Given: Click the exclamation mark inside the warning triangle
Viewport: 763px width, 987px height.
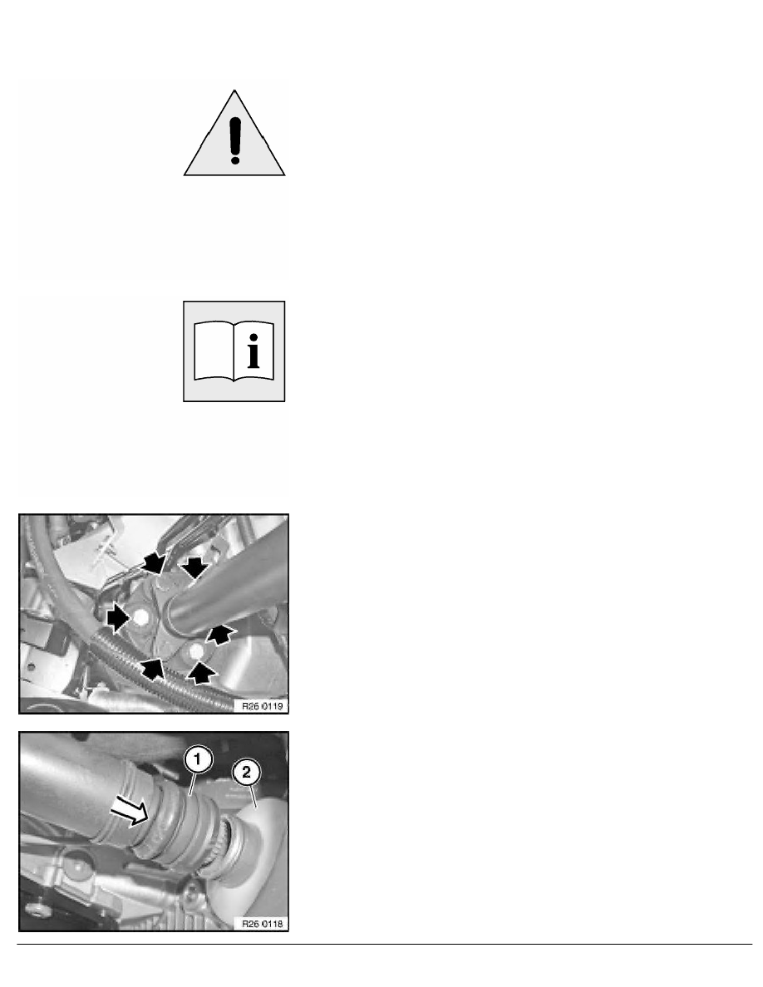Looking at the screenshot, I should pyautogui.click(x=234, y=138).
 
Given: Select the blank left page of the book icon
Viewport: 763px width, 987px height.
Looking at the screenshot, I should pyautogui.click(x=212, y=353).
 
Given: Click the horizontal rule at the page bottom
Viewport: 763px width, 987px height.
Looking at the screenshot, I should pyautogui.click(x=381, y=944).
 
